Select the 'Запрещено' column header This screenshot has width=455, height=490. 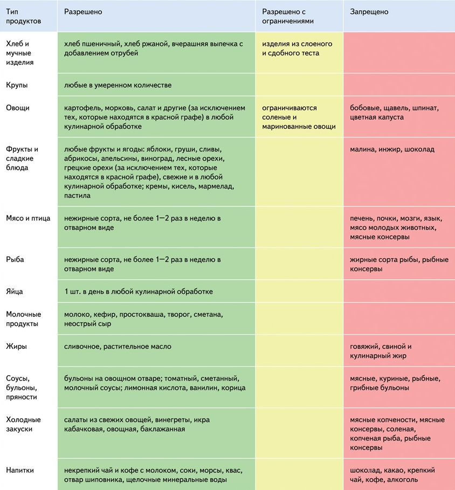pyautogui.click(x=369, y=12)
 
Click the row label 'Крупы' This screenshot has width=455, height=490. pyautogui.click(x=17, y=85)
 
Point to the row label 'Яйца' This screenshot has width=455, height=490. pyautogui.click(x=15, y=292)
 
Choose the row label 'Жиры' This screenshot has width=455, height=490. pyautogui.click(x=16, y=347)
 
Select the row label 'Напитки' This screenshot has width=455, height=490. pyautogui.click(x=20, y=470)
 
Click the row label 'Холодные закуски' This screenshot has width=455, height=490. pyautogui.click(x=23, y=424)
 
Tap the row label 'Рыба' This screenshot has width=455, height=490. pyautogui.click(x=15, y=260)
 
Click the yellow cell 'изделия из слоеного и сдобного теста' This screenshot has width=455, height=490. pyautogui.click(x=297, y=49)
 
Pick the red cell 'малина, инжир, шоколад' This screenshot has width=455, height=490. pyautogui.click(x=392, y=149)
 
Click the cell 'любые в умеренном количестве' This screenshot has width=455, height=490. pyautogui.click(x=118, y=85)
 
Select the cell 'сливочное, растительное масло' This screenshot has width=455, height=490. pyautogui.click(x=118, y=347)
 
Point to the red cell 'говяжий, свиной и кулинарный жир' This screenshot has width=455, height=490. pyautogui.click(x=381, y=351)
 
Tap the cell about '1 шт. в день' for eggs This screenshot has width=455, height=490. pyautogui.click(x=138, y=292)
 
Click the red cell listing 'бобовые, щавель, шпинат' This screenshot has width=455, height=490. pyautogui.click(x=394, y=112)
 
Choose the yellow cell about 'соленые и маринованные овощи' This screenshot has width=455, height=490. pyautogui.click(x=299, y=117)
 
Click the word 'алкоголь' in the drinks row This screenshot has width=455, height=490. pyautogui.click(x=402, y=480)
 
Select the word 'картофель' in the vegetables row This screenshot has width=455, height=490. pyautogui.click(x=82, y=108)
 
